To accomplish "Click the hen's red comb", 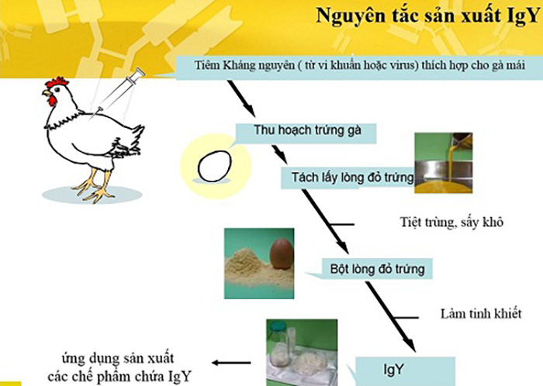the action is coord(57,83).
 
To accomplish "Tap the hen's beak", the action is coord(45,93).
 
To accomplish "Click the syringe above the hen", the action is coord(118,91).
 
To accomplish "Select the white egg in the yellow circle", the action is coord(214,167).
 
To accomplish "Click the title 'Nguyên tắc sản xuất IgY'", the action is coord(428,16).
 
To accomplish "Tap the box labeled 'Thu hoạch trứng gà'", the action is coord(306,132).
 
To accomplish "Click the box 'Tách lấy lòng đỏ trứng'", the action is coord(348,177).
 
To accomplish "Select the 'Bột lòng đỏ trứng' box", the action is coord(377,269).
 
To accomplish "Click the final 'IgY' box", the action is coord(405,370).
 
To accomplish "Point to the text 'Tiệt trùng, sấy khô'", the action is coord(451,222).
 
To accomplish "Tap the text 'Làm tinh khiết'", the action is coord(481,314).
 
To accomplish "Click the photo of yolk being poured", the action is coord(444,163).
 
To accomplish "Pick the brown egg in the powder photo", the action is coord(282,254).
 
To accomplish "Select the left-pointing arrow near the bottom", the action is coord(231,363).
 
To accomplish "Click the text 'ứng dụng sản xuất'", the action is coord(118,358).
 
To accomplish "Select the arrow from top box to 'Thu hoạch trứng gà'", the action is coord(241,98).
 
